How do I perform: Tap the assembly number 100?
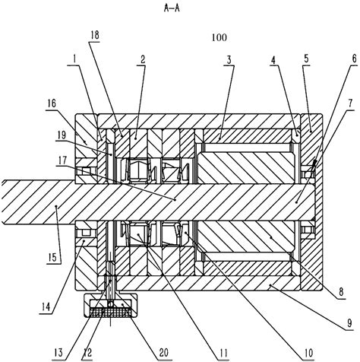click(x=220, y=36)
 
